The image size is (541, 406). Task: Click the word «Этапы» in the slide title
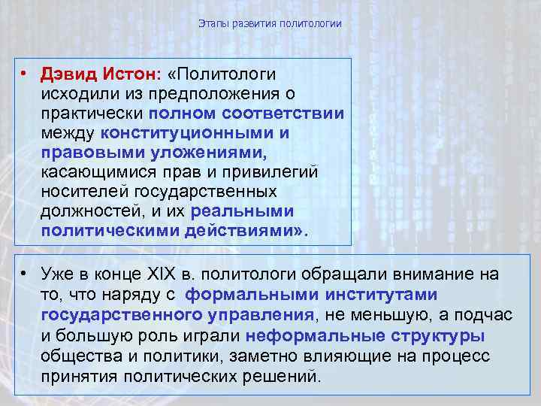point(212,24)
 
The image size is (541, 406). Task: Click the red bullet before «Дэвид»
point(26,75)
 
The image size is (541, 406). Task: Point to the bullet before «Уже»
point(26,275)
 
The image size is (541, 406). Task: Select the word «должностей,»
point(89,212)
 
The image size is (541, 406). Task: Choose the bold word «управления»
point(253,314)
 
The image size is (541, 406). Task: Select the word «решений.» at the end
point(286,374)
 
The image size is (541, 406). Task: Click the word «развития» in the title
point(252,24)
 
